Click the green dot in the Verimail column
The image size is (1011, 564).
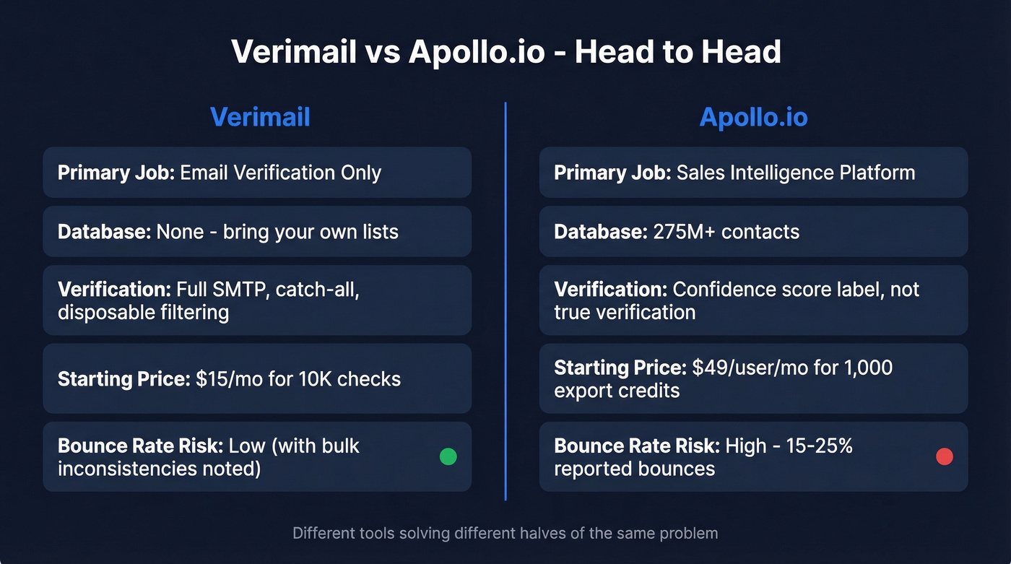coord(448,456)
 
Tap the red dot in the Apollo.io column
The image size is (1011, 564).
coord(944,456)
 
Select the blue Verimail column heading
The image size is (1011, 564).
coord(260,117)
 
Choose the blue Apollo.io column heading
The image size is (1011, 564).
coord(753,117)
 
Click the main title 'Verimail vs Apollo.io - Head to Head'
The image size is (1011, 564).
coord(506,53)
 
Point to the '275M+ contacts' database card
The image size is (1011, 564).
coord(753,232)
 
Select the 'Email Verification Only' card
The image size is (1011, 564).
coord(257,173)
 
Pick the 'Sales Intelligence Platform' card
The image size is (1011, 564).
coord(753,173)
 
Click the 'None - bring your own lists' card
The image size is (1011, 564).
coord(257,232)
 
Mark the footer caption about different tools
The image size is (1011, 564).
coord(506,534)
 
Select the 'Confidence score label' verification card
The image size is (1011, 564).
coord(753,300)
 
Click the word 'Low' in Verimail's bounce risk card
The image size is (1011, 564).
coord(247,446)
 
